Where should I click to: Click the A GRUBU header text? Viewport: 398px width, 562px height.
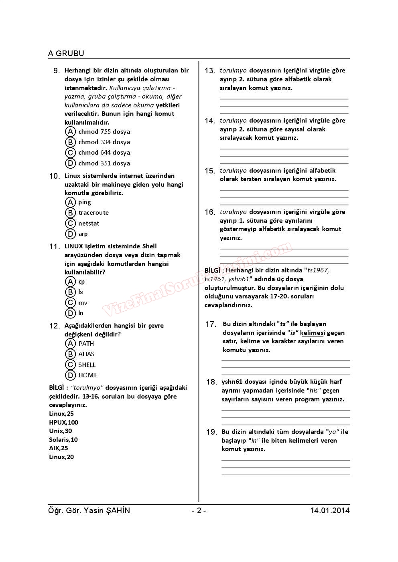(x=66, y=53)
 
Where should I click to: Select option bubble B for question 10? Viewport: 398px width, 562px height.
(x=71, y=213)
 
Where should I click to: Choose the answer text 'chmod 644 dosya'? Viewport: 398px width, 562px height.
(x=104, y=153)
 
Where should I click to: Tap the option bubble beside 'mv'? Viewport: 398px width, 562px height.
(x=71, y=303)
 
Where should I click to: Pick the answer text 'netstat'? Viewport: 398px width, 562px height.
(x=89, y=224)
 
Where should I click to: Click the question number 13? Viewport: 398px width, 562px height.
(x=210, y=71)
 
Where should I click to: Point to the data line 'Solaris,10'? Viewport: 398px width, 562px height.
(x=63, y=440)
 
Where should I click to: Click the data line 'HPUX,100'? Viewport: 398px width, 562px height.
(x=63, y=423)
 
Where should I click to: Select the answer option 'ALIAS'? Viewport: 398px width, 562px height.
(x=86, y=354)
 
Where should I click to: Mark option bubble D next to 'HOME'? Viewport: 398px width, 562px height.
(x=71, y=375)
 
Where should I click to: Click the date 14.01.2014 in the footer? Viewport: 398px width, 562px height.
(x=329, y=511)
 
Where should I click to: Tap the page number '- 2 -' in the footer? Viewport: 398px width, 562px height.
(x=199, y=511)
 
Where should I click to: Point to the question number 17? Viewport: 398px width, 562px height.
(x=211, y=324)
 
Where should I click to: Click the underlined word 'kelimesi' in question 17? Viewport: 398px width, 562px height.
(x=313, y=333)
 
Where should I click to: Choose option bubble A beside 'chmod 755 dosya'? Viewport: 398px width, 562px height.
(x=71, y=132)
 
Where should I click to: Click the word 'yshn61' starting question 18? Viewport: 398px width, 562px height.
(x=232, y=382)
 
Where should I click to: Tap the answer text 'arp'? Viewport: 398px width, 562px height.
(x=83, y=234)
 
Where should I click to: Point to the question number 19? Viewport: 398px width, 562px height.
(x=211, y=432)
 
